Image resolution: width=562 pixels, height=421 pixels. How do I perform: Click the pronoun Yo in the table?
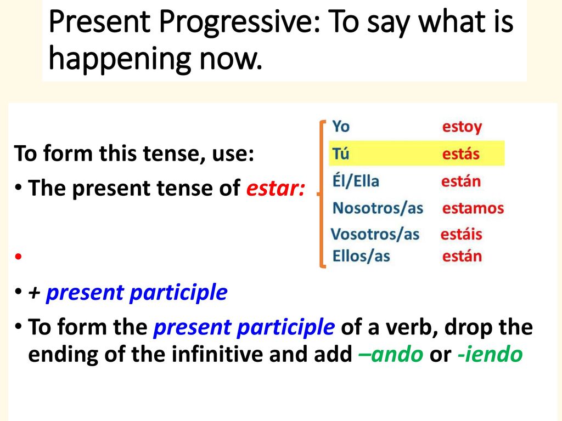click(340, 127)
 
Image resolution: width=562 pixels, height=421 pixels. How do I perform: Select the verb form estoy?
click(462, 127)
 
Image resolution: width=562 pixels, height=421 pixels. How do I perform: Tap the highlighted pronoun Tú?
click(340, 153)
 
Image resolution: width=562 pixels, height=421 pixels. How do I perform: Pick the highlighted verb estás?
click(460, 154)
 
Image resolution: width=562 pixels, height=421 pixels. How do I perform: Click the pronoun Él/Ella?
click(356, 181)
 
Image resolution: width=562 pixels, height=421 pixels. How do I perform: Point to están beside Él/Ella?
click(461, 181)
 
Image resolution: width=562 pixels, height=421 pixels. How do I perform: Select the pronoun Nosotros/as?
click(378, 208)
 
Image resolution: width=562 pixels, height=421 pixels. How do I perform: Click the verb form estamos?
click(473, 208)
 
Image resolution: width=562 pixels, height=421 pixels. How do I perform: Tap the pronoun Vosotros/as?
click(375, 234)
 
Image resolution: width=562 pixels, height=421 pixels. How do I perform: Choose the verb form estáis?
click(461, 234)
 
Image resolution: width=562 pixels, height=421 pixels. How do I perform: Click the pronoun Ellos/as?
click(361, 256)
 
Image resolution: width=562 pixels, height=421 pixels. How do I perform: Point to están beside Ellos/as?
click(462, 257)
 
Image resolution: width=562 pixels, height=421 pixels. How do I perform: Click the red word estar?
click(276, 189)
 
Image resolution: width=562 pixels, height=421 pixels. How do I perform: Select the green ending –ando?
click(391, 355)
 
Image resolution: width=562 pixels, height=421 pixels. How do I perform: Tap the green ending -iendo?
click(490, 355)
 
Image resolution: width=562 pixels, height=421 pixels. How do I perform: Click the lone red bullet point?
click(18, 257)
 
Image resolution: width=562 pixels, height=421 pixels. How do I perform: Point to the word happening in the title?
click(119, 59)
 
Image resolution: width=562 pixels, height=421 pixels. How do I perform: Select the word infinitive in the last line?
click(217, 354)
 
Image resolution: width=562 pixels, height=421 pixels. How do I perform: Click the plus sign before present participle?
click(34, 293)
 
